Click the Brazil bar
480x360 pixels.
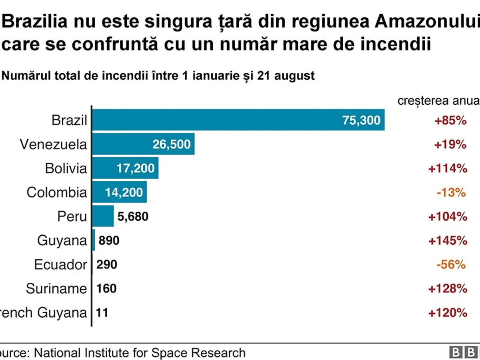(238, 120)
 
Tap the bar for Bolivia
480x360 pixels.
(125, 168)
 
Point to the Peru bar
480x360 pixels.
(103, 216)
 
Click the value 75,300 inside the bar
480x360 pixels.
(362, 120)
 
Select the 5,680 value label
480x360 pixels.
(133, 217)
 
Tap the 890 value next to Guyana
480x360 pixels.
(109, 241)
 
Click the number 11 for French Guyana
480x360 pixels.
(102, 312)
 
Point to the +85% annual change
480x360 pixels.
(450, 120)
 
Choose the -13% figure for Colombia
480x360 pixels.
(451, 192)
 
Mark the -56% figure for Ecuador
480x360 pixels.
(451, 264)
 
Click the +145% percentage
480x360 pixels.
(448, 241)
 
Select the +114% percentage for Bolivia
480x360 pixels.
(448, 168)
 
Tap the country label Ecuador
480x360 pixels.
(60, 265)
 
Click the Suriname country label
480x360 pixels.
(56, 289)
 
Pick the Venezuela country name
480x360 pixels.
(53, 144)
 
